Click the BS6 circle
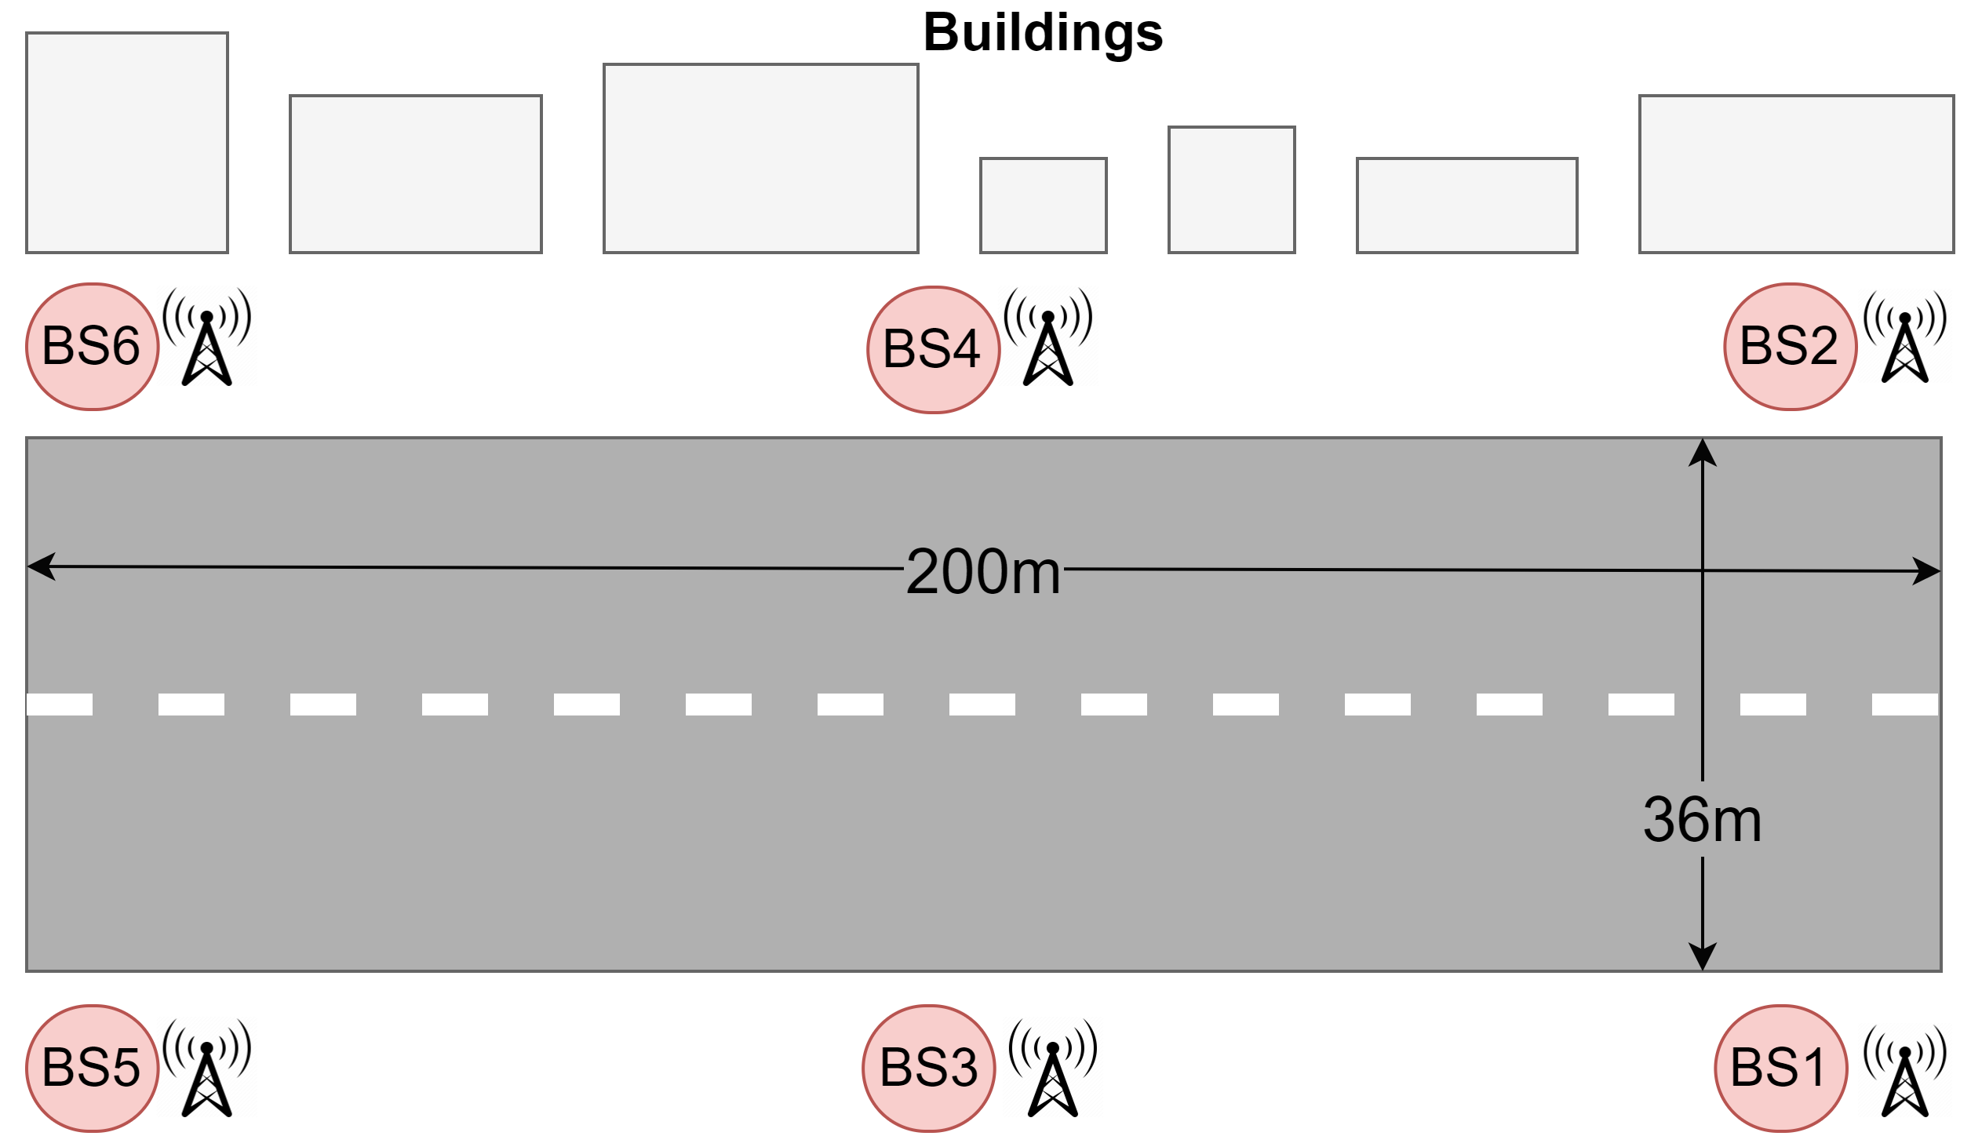(x=93, y=347)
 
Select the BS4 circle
(x=934, y=350)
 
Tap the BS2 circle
(x=1791, y=347)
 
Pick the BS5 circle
(x=93, y=1068)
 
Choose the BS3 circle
(x=929, y=1068)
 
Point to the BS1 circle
(x=1781, y=1068)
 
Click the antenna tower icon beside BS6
(x=207, y=336)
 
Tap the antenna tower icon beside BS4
(x=1048, y=336)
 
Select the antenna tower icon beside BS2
(x=1905, y=336)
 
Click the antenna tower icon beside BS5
(x=207, y=1067)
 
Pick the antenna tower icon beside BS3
(x=1053, y=1067)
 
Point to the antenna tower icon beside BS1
(x=1905, y=1069)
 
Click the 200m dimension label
(x=982, y=572)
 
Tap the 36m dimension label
(x=1702, y=820)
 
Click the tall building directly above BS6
(x=127, y=143)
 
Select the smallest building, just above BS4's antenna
(x=1044, y=206)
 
